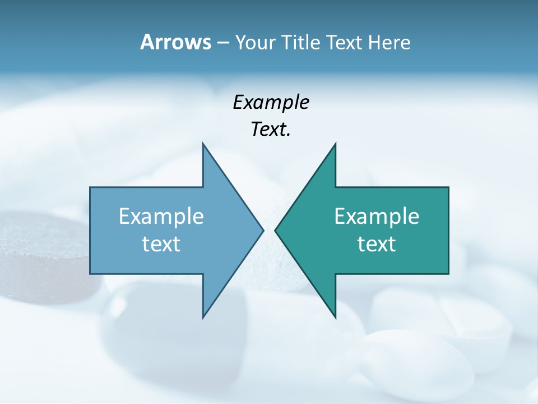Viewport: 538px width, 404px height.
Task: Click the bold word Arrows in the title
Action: (175, 42)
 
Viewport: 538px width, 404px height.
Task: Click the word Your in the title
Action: (256, 43)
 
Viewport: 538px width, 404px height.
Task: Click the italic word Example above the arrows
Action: (271, 102)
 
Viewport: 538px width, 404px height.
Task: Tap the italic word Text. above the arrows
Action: (271, 130)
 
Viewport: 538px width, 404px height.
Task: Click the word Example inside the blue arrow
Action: (161, 216)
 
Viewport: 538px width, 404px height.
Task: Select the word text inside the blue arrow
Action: (161, 244)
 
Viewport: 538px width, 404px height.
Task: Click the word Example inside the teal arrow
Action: (377, 216)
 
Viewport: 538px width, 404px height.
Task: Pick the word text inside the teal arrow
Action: (377, 244)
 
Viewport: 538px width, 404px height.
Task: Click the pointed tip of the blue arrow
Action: (262, 230)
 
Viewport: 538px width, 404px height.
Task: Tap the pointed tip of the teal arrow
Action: (276, 230)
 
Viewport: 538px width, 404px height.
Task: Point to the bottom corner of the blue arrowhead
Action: (203, 316)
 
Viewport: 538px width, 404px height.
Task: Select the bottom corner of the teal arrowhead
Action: (335, 316)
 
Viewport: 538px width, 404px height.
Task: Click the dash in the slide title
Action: (222, 43)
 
